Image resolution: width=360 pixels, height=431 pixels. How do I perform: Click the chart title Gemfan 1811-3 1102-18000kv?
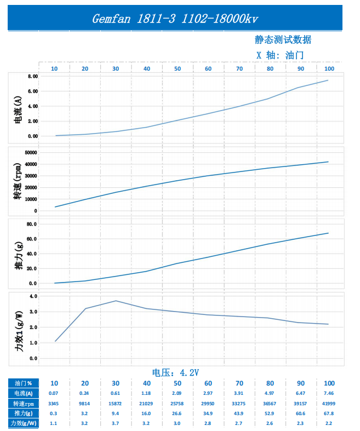tap(175, 19)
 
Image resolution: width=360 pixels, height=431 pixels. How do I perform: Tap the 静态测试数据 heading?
tap(283, 39)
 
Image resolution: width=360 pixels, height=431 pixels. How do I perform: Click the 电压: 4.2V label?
tap(175, 373)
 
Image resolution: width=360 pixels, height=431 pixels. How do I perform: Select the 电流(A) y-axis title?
tap(18, 110)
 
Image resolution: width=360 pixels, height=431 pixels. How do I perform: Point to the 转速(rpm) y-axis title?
tap(18, 181)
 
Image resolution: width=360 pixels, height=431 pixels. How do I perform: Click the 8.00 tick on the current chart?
tap(33, 76)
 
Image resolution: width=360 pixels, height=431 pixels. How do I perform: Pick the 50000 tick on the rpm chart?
tap(31, 153)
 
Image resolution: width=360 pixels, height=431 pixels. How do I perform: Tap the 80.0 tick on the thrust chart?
tap(32, 224)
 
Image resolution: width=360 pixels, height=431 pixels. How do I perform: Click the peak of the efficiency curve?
tap(116, 301)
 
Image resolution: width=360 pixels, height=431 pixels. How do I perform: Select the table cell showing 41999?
tap(329, 404)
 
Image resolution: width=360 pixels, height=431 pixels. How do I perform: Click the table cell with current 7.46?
tap(329, 393)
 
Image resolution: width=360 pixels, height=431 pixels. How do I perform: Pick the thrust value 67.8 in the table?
tap(329, 413)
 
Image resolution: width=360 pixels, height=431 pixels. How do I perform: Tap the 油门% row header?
tap(24, 383)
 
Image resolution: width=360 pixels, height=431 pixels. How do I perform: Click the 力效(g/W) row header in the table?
tap(24, 423)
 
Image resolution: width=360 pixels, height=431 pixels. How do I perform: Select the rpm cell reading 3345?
tap(53, 404)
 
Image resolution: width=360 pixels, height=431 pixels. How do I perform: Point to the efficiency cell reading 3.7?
tap(115, 423)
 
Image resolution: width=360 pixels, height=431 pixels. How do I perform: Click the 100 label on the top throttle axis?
tap(329, 68)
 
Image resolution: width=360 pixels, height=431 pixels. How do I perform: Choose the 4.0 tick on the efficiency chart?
tap(33, 296)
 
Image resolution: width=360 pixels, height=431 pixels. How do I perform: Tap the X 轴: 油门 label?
tap(280, 55)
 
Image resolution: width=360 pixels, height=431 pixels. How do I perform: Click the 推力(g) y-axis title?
tap(19, 256)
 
